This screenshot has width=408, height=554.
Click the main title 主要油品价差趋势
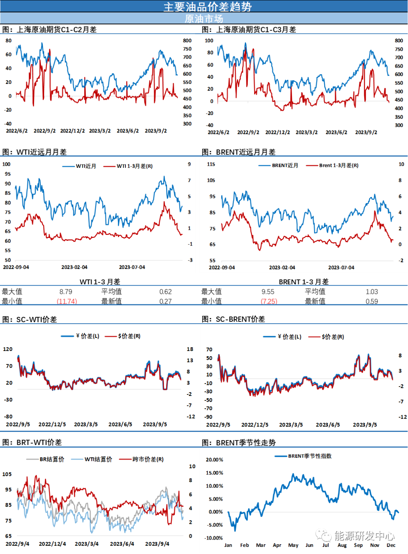pyautogui.click(x=207, y=6)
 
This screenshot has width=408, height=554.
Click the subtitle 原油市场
pyautogui.click(x=204, y=19)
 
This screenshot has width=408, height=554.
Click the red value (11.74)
pyautogui.click(x=67, y=301)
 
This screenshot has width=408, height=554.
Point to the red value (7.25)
pyautogui.click(x=269, y=301)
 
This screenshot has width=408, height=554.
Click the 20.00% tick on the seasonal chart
pyautogui.click(x=214, y=460)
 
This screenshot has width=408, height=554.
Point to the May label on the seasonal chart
pyautogui.click(x=293, y=545)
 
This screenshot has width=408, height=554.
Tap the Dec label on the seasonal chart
pyautogui.click(x=391, y=545)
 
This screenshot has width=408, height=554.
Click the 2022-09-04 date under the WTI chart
pyautogui.click(x=16, y=267)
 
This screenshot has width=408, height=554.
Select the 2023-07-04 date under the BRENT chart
pyautogui.click(x=341, y=267)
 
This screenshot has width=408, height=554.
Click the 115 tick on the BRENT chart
pyautogui.click(x=211, y=164)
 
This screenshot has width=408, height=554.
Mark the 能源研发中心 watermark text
pyautogui.click(x=364, y=535)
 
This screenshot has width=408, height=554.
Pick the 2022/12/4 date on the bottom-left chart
pyautogui.click(x=52, y=544)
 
